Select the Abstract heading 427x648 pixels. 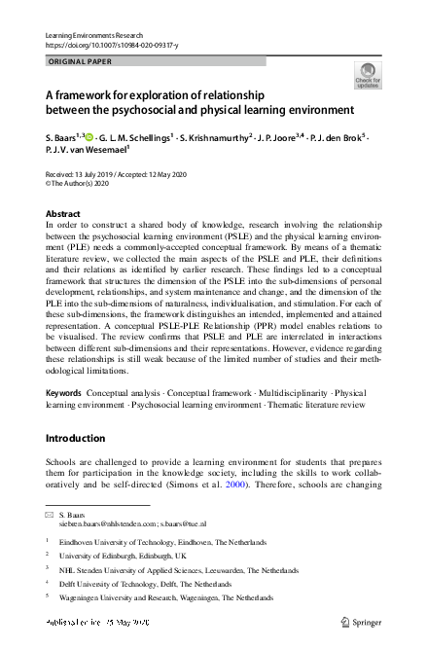point(64,213)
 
